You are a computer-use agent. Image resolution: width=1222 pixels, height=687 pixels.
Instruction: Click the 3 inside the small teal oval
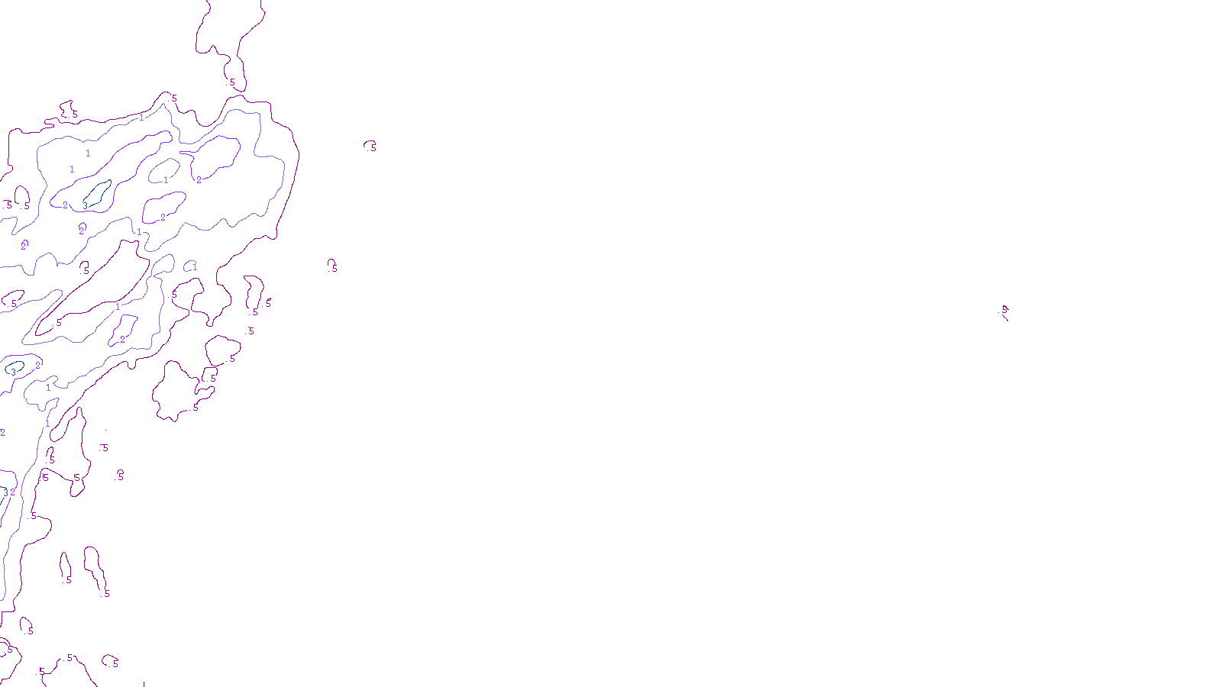13,372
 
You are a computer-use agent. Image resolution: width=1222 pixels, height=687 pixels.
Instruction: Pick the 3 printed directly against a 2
6,492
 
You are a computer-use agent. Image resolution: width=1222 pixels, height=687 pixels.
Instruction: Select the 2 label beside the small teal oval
37,366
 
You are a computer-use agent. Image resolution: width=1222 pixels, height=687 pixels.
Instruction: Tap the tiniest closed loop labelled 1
189,266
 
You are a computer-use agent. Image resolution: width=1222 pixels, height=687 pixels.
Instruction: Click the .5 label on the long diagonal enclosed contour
59,322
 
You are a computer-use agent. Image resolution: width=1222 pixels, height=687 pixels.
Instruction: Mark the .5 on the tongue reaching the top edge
232,82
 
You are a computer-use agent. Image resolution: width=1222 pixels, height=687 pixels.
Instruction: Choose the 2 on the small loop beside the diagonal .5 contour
122,339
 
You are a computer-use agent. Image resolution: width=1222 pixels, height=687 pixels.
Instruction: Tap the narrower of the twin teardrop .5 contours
65,566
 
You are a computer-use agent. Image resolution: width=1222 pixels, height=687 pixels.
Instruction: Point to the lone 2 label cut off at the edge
2,433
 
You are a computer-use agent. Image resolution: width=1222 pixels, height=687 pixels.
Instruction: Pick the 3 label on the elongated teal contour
86,205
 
